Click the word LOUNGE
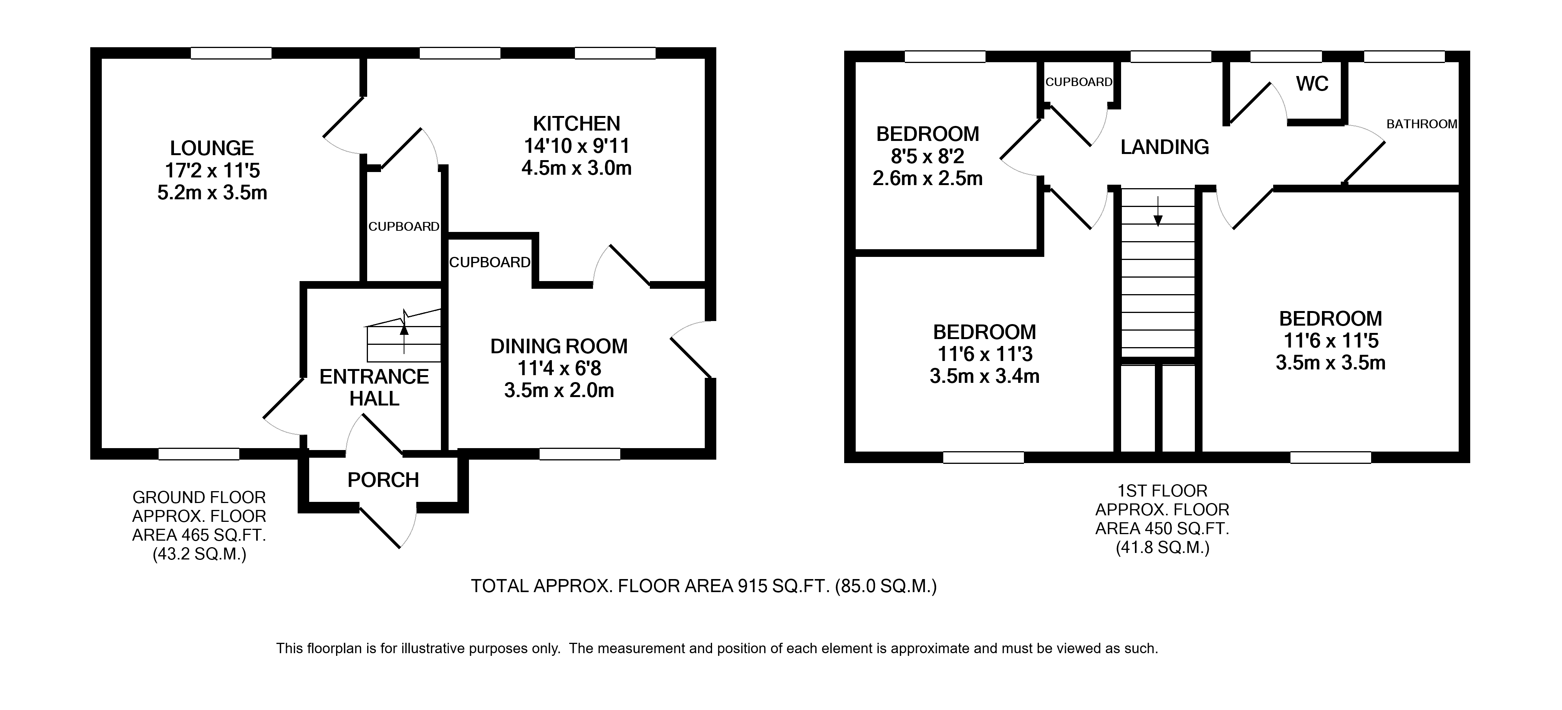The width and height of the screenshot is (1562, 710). pyautogui.click(x=212, y=148)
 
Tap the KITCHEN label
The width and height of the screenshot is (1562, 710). pyautogui.click(x=576, y=124)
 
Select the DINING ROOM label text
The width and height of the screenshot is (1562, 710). pyautogui.click(x=558, y=346)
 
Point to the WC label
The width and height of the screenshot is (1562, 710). pyautogui.click(x=1313, y=84)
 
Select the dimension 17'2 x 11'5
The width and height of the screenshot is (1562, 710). pyautogui.click(x=212, y=170)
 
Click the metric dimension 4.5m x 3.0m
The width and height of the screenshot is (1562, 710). pyautogui.click(x=576, y=168)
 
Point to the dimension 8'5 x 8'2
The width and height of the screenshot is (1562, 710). pyautogui.click(x=927, y=156)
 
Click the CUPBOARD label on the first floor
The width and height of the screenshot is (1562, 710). pyautogui.click(x=1079, y=82)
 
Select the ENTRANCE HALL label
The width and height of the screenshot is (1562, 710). pyautogui.click(x=374, y=387)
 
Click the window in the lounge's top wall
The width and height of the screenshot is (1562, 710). pyautogui.click(x=231, y=53)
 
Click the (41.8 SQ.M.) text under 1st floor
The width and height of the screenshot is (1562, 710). pyautogui.click(x=1163, y=548)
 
